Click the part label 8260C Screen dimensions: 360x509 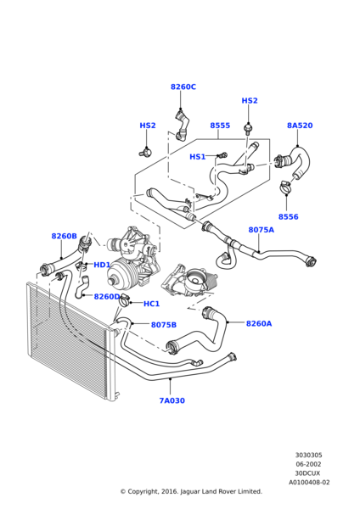pos(183,87)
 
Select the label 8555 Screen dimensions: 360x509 pos(220,126)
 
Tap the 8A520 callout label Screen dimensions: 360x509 pos(300,126)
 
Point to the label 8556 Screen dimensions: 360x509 pos(288,216)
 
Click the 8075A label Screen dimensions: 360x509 pos(262,230)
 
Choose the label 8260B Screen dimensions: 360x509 pos(64,236)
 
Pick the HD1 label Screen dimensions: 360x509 pos(102,265)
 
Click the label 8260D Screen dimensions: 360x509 pos(107,296)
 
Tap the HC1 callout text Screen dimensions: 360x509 pos(151,304)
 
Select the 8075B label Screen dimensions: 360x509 pos(164,325)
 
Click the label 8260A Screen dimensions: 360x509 pos(259,323)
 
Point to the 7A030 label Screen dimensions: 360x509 pos(172,400)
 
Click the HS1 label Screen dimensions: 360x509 pos(198,157)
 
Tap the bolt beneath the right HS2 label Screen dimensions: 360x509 pos(248,128)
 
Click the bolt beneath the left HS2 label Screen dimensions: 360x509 pos(145,151)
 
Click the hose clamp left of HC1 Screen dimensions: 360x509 pos(125,300)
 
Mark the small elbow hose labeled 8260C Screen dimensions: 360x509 pos(182,126)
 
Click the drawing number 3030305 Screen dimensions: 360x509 pos(309,455)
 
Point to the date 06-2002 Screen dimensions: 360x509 pos(308,464)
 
